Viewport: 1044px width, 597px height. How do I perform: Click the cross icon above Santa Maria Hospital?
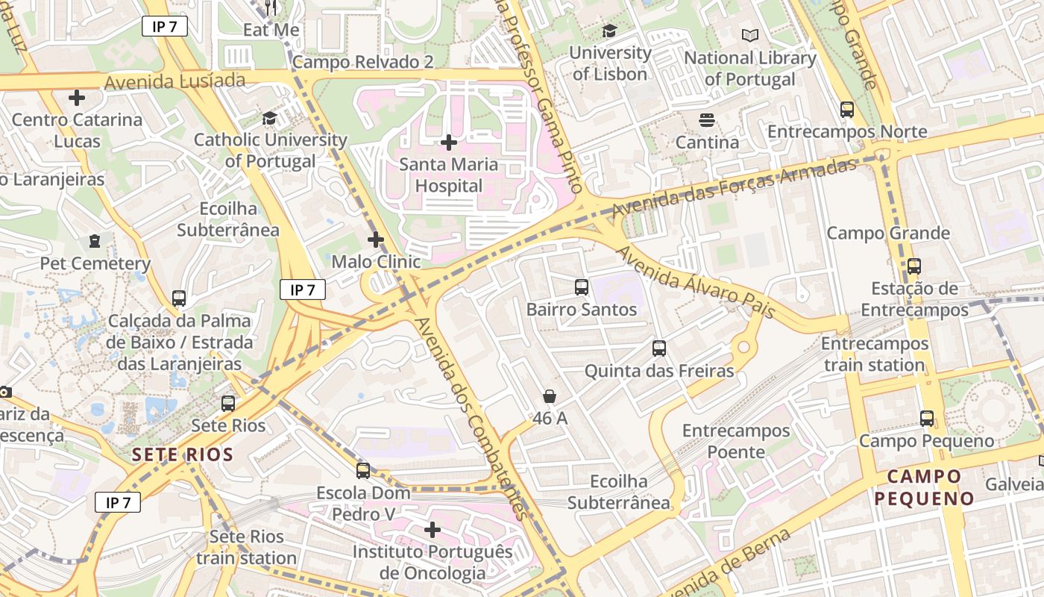448,142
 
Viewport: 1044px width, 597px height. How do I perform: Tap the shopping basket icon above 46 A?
550,396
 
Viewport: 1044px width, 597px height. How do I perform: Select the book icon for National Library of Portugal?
749,35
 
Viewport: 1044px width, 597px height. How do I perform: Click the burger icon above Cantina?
705,119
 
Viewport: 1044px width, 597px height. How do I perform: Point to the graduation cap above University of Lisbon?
609,31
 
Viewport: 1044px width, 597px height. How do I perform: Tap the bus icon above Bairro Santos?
582,287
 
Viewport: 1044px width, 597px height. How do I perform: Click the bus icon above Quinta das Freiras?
658,348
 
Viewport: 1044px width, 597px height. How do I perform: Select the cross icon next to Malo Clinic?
376,240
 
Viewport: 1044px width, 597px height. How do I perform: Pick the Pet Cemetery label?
95,263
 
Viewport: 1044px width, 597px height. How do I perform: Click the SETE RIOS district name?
183,454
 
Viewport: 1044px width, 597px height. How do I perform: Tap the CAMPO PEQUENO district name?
925,487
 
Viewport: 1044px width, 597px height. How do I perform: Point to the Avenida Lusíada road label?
175,81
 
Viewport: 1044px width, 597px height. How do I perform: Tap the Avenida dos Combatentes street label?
471,418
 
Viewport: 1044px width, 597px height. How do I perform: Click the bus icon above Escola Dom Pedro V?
363,470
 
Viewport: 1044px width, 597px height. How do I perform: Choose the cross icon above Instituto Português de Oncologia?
432,530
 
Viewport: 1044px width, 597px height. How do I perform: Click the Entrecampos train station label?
875,354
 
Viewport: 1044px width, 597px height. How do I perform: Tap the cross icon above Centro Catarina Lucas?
76,98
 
